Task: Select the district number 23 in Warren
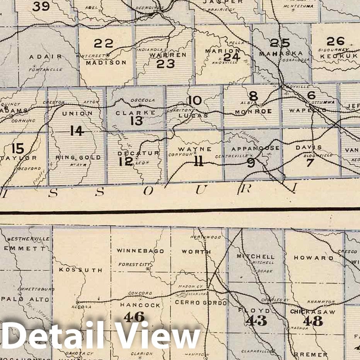click(x=165, y=64)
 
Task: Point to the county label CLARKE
click(x=130, y=113)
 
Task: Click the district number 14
click(x=77, y=131)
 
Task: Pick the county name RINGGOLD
click(x=78, y=157)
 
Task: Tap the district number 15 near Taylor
click(x=18, y=148)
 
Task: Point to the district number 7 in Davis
click(x=309, y=162)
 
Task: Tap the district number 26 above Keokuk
click(x=335, y=41)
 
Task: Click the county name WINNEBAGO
click(x=140, y=251)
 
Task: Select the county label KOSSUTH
click(x=80, y=270)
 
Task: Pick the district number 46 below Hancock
click(x=134, y=317)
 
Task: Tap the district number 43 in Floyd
click(x=256, y=320)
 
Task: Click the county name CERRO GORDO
click(x=201, y=302)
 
